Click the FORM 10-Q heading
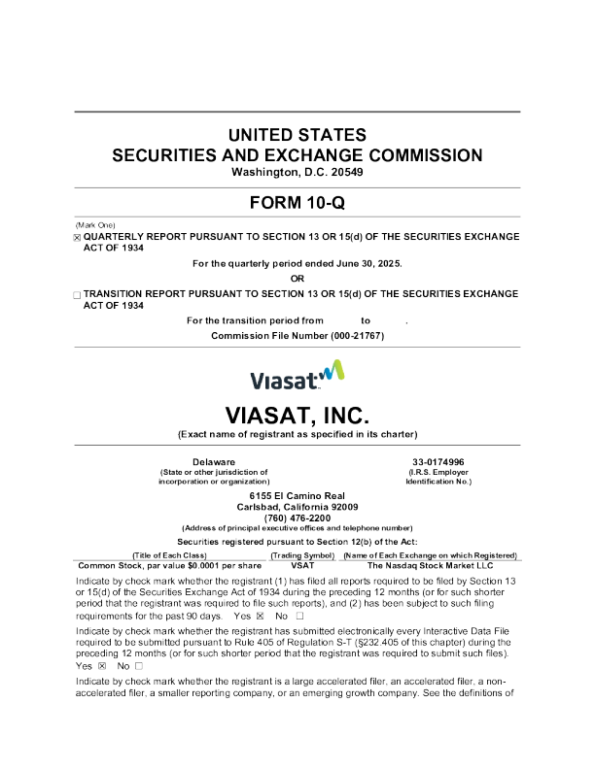(x=297, y=203)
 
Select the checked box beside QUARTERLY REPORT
(x=78, y=237)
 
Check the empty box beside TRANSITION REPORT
(x=78, y=292)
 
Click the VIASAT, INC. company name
(x=297, y=416)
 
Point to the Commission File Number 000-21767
(x=298, y=335)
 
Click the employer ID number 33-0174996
(x=437, y=461)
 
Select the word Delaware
(x=214, y=461)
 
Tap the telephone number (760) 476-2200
(x=297, y=518)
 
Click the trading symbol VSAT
(x=302, y=563)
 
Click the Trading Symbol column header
(x=302, y=553)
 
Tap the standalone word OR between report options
(x=297, y=278)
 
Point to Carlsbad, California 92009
(x=297, y=507)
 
